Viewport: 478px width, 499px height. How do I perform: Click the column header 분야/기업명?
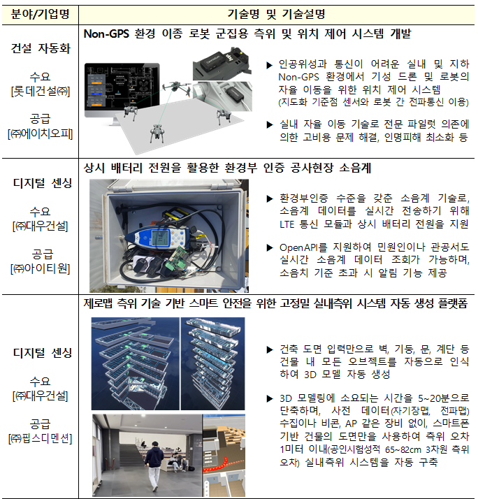point(40,14)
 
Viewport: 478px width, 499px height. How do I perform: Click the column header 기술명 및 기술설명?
point(276,14)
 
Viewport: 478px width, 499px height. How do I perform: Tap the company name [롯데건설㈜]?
point(41,92)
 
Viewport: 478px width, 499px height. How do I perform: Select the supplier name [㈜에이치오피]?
point(41,133)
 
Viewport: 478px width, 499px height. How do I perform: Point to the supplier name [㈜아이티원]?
point(41,269)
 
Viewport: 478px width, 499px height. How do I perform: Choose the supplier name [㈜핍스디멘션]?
point(41,438)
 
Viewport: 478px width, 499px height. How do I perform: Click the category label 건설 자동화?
point(41,49)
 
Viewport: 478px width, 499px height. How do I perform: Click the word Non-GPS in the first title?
point(106,34)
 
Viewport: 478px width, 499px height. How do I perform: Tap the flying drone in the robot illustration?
point(176,87)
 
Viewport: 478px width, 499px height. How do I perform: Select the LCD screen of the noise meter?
point(160,238)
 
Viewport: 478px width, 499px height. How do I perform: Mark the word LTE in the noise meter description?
point(287,224)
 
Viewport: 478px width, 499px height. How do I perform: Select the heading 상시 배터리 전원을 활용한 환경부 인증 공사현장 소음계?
point(228,168)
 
